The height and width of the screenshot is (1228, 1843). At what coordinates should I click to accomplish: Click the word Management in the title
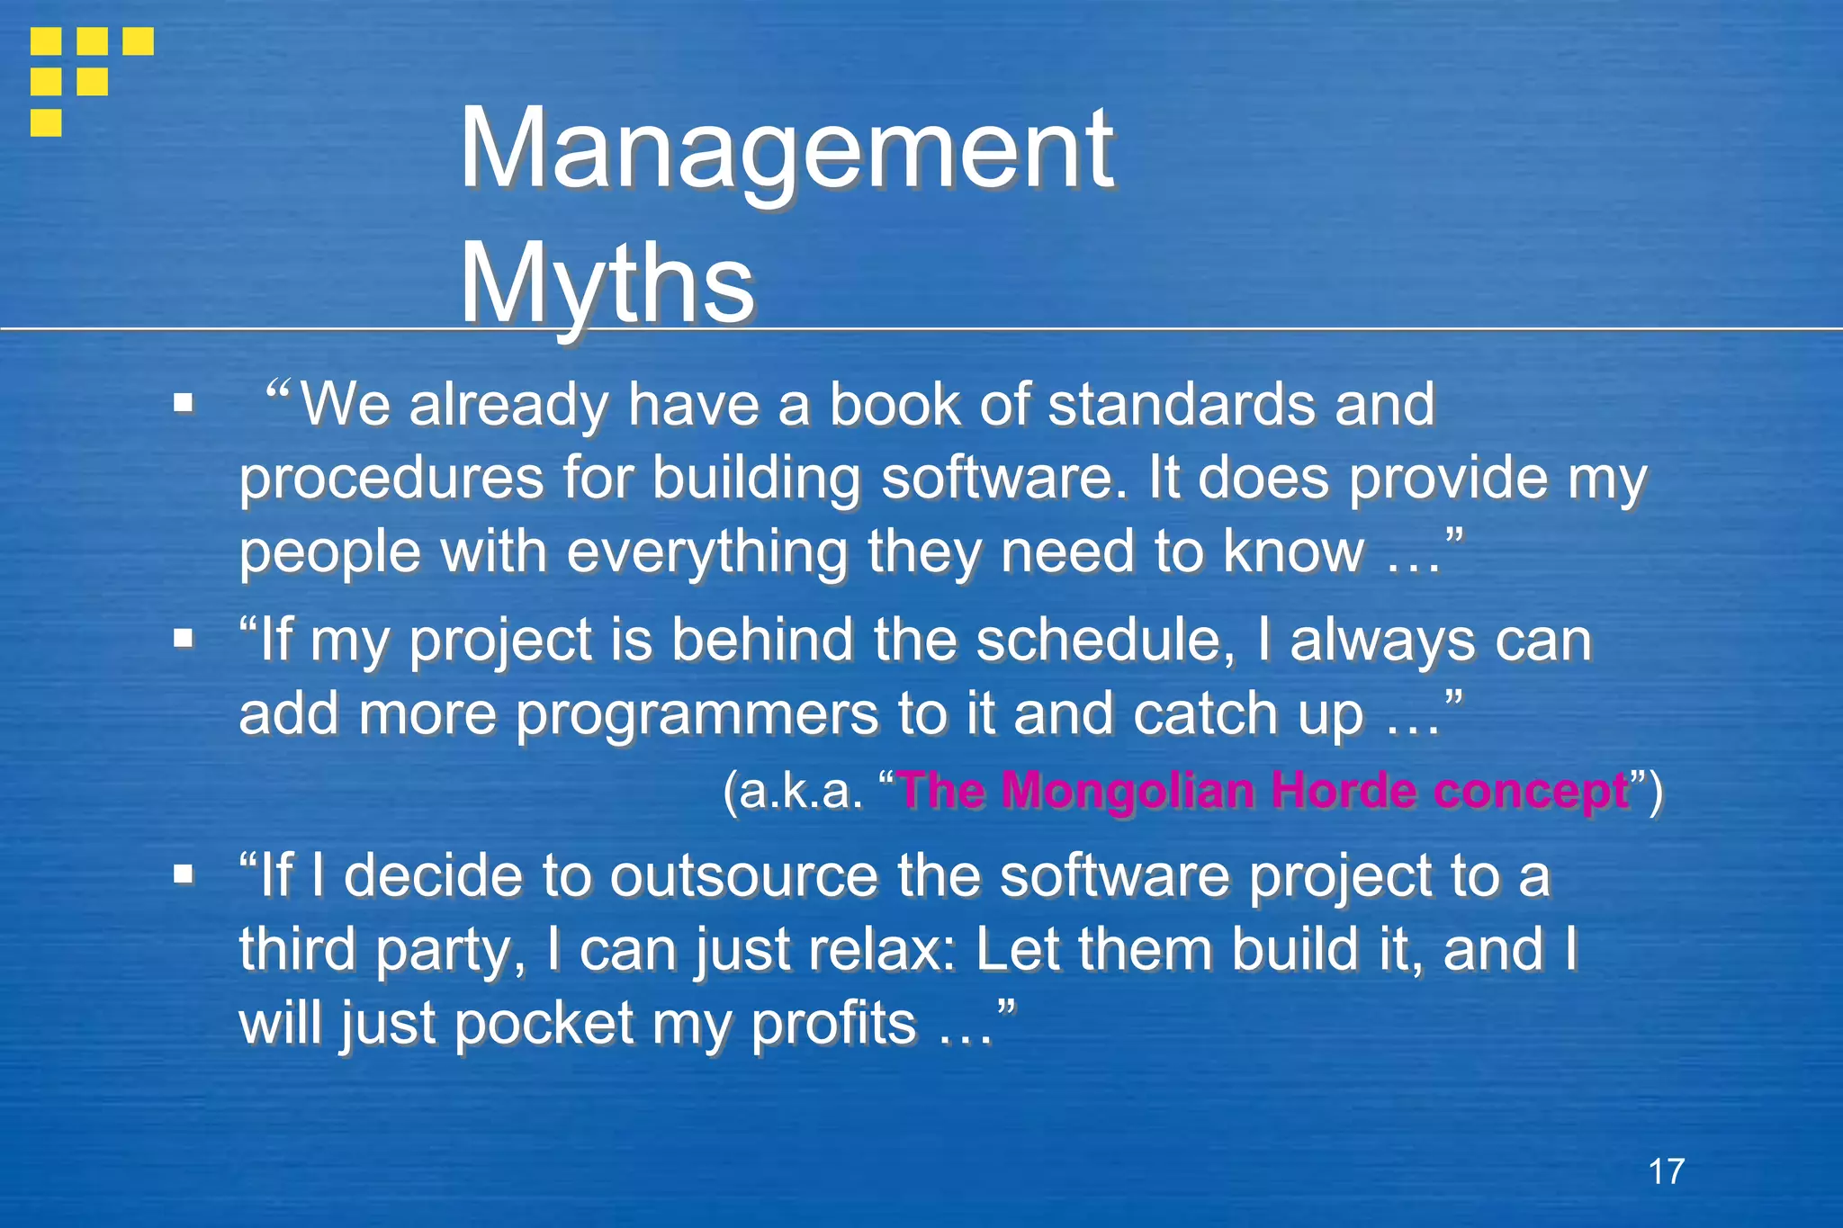(x=787, y=149)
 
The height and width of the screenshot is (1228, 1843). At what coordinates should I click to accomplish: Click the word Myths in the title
(x=607, y=283)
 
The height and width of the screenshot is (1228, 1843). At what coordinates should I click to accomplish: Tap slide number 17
(x=1666, y=1171)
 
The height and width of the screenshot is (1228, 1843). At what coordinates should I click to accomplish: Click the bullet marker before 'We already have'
(x=184, y=403)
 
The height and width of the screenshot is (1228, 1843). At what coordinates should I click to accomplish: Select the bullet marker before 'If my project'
(x=184, y=639)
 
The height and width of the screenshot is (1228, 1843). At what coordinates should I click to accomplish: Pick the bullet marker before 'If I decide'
(x=184, y=874)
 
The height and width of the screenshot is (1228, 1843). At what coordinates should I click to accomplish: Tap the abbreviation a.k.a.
(x=794, y=792)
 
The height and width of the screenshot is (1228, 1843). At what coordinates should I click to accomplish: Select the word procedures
(x=391, y=479)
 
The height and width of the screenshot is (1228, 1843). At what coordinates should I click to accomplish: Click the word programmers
(x=697, y=714)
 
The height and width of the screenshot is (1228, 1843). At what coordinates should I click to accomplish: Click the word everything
(x=706, y=552)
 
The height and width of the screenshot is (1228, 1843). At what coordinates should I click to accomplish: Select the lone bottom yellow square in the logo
(x=46, y=122)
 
